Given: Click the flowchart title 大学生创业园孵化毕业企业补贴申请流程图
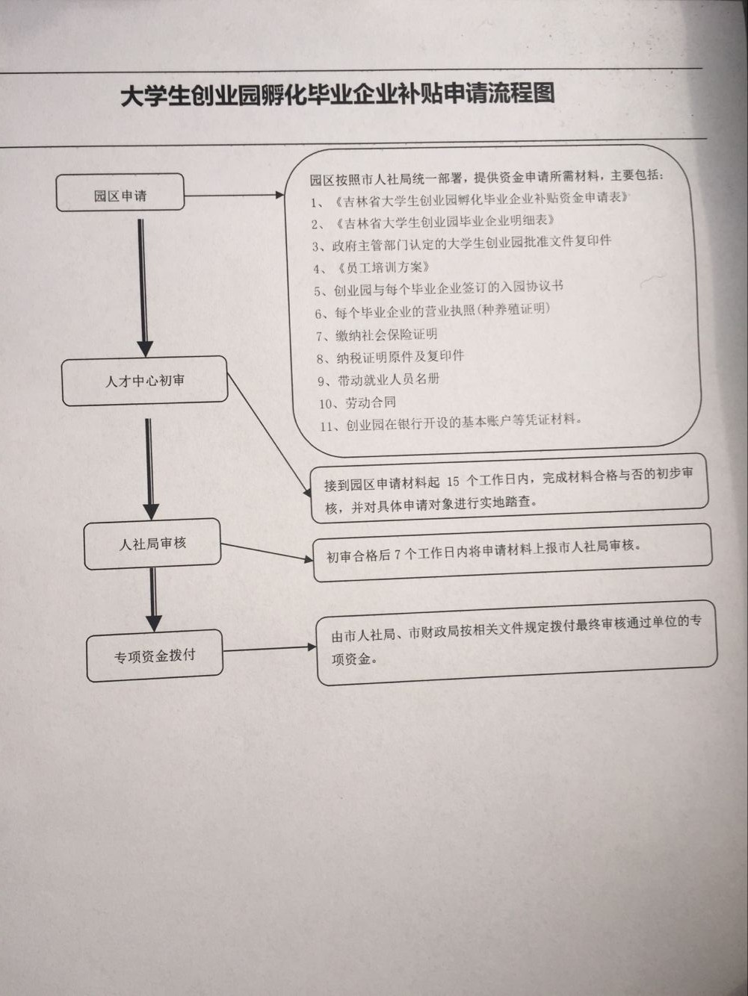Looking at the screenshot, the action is coord(338,96).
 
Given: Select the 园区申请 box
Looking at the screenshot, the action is coord(120,193).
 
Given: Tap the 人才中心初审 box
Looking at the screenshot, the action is coord(144,381).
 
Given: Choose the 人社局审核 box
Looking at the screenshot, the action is coord(152,544).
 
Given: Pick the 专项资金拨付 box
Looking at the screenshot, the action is coord(155,656).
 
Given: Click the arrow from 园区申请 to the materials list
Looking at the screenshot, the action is coord(234,196).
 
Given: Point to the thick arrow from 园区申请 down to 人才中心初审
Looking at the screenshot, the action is coord(143,288).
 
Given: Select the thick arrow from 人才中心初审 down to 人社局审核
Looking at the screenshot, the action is coord(150,469).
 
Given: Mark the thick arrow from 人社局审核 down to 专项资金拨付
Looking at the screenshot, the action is coord(154,600).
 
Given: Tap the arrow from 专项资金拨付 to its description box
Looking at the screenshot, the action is coord(270,648).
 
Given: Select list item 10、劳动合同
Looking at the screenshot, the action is coord(357,402).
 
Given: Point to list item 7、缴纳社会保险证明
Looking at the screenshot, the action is coord(377,335).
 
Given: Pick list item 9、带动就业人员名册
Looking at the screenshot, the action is coord(378,379).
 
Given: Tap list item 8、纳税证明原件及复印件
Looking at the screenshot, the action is coord(390,357).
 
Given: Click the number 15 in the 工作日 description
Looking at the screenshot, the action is coord(454,482).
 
